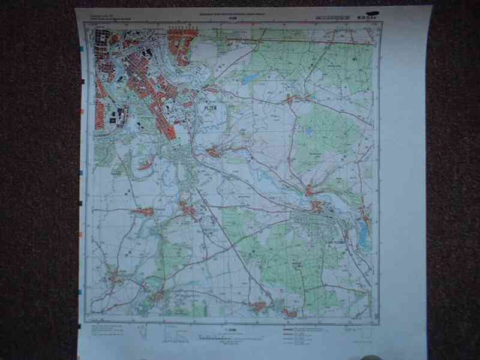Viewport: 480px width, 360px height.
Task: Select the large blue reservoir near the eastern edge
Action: coord(363,234)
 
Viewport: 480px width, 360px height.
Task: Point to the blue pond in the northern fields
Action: coord(249,79)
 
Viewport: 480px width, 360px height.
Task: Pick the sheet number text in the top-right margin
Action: coord(346,17)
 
